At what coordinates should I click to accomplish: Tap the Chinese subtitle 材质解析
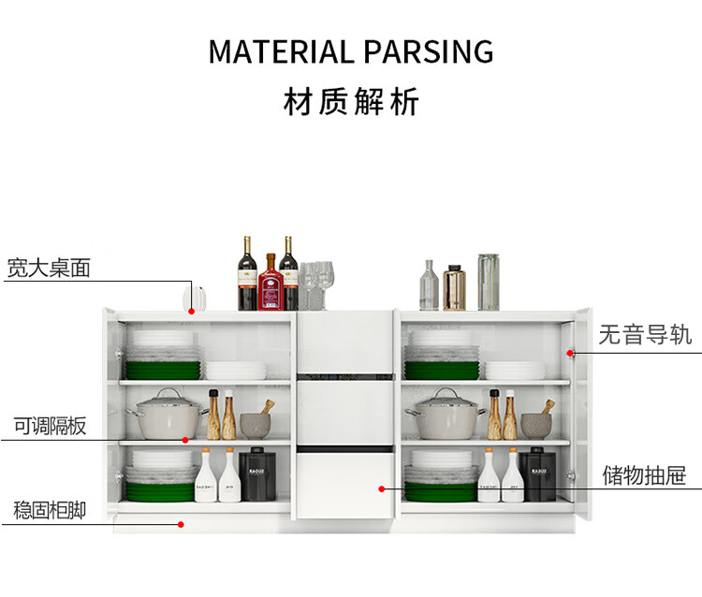pyautogui.click(x=351, y=102)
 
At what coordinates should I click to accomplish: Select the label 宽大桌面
pyautogui.click(x=49, y=268)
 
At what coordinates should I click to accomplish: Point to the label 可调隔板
pyautogui.click(x=50, y=427)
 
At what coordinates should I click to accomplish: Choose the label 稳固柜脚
pyautogui.click(x=50, y=510)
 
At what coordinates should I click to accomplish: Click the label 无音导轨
pyautogui.click(x=646, y=334)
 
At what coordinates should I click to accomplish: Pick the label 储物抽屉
pyautogui.click(x=646, y=473)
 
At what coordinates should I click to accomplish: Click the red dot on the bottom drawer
pyautogui.click(x=382, y=488)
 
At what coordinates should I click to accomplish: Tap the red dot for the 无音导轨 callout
pyautogui.click(x=570, y=353)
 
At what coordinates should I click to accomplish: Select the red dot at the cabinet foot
pyautogui.click(x=181, y=524)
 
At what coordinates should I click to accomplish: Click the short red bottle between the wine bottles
pyautogui.click(x=269, y=284)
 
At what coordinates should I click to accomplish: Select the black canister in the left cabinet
pyautogui.click(x=253, y=474)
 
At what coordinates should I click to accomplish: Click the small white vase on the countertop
pyautogui.click(x=189, y=298)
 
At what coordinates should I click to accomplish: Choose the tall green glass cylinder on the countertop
pyautogui.click(x=488, y=282)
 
